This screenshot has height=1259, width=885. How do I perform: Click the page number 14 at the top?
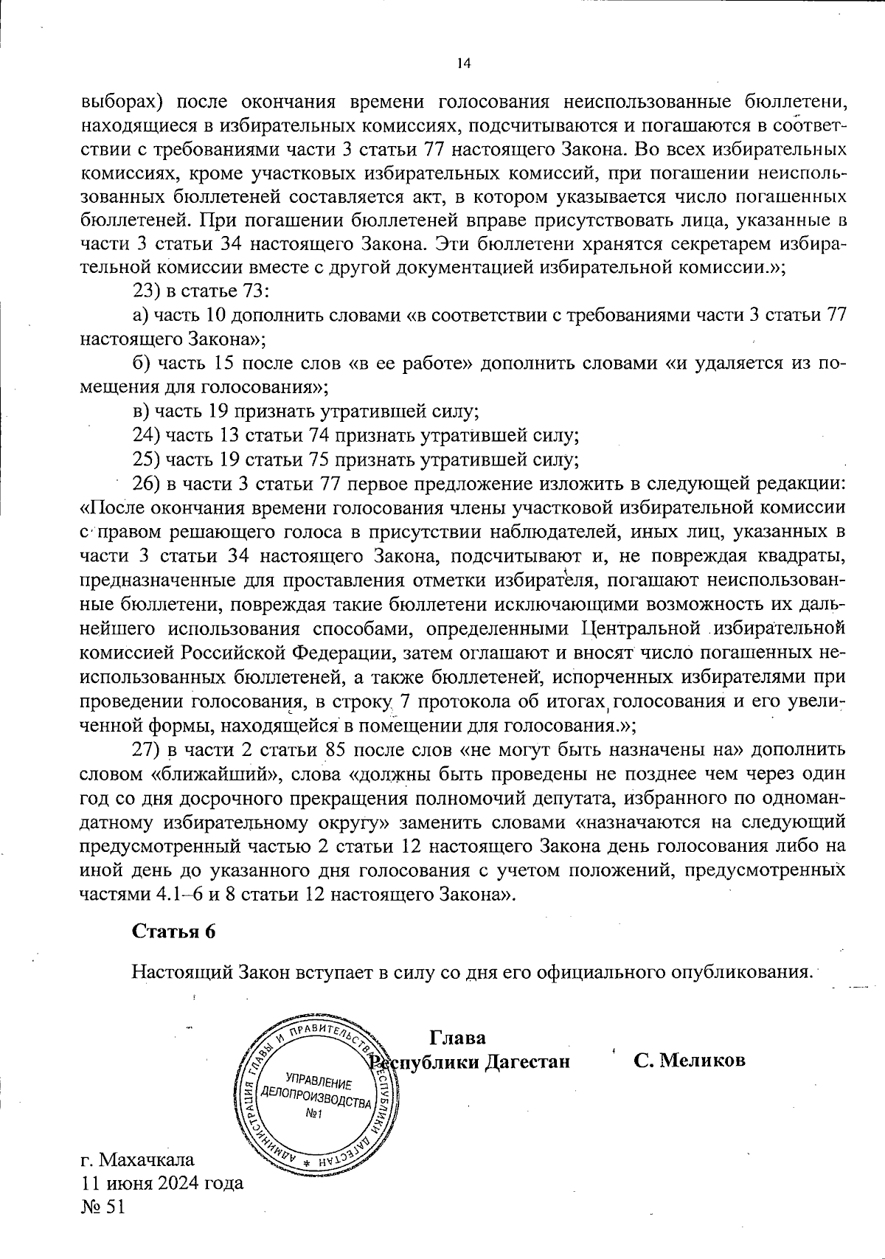[463, 63]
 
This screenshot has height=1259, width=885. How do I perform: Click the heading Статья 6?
[174, 932]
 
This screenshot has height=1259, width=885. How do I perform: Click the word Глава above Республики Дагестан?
[457, 1038]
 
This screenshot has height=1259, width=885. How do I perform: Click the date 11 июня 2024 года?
[162, 1184]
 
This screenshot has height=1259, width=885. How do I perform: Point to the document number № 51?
[104, 1207]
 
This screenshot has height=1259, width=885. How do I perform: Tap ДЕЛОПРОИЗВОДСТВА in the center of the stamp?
[316, 1099]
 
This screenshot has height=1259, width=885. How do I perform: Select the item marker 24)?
[146, 435]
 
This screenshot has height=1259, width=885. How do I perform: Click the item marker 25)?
[146, 459]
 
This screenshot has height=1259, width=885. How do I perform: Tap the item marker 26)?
[146, 484]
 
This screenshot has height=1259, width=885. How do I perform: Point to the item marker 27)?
[146, 750]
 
